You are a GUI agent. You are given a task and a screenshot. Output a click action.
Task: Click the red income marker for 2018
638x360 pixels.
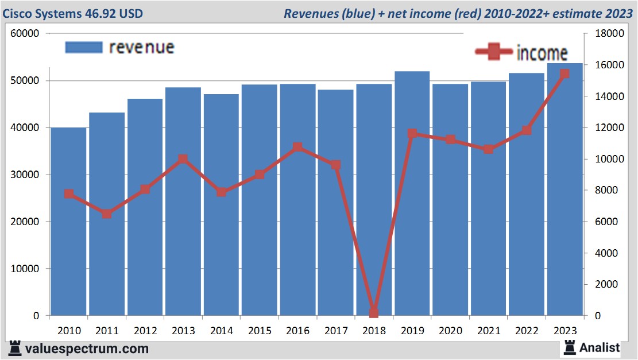[x=374, y=312]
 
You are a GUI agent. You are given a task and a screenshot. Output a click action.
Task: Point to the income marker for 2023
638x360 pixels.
[x=564, y=73]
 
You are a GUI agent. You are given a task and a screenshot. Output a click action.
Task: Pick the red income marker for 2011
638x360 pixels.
[x=107, y=214]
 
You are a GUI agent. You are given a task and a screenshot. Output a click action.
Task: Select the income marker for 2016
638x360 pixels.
[x=297, y=147]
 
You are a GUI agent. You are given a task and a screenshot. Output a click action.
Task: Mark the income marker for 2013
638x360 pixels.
[x=183, y=159]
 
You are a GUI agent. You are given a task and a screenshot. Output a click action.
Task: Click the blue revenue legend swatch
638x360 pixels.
[x=83, y=47]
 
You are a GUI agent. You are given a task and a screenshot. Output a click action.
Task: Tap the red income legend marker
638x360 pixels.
[x=494, y=52]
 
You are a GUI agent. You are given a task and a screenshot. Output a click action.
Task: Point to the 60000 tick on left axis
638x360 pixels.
[x=25, y=33]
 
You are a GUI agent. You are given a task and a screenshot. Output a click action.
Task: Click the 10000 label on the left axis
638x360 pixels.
[x=25, y=269]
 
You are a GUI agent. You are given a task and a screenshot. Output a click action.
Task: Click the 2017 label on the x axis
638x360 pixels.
[x=336, y=331]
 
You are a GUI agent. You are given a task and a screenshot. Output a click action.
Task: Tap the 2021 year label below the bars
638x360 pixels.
[x=489, y=331]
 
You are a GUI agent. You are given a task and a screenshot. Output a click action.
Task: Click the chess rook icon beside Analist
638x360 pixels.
[x=570, y=347]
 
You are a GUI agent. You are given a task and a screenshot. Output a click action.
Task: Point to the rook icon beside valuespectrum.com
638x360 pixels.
[x=16, y=349]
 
